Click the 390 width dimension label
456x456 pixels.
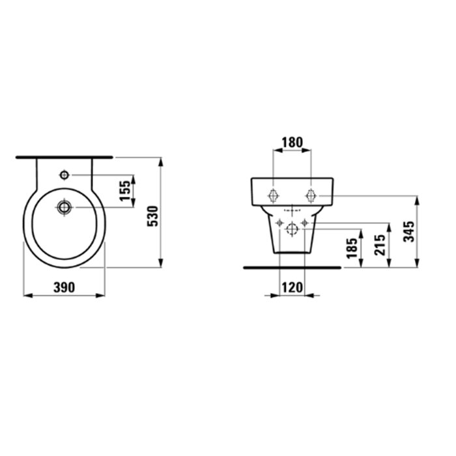pyautogui.click(x=64, y=288)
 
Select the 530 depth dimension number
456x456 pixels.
pyautogui.click(x=152, y=216)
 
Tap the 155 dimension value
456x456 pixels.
pyautogui.click(x=125, y=191)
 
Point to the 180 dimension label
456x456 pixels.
pyautogui.click(x=292, y=143)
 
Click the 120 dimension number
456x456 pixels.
pyautogui.click(x=292, y=288)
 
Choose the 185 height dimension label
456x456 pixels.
pyautogui.click(x=352, y=248)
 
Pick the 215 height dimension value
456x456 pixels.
pyautogui.click(x=380, y=245)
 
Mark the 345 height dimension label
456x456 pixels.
pyautogui.click(x=408, y=231)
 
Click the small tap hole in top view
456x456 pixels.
pyautogui.click(x=64, y=175)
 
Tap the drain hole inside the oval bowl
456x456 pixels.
pyautogui.click(x=64, y=207)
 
